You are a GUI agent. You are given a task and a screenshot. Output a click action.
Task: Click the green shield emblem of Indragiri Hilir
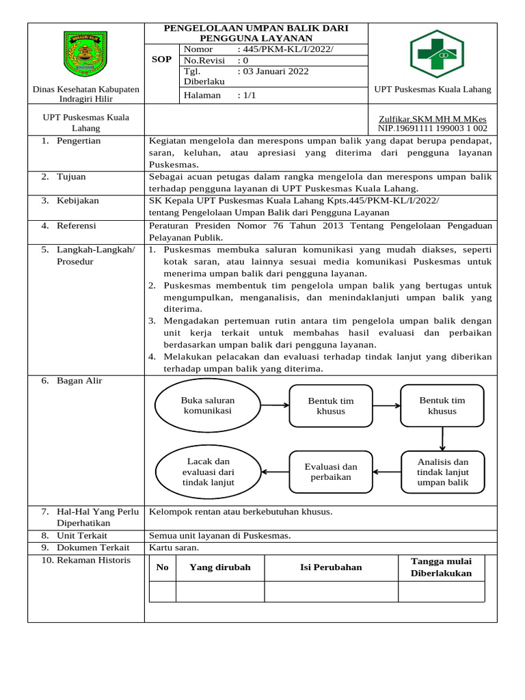pos(85,54)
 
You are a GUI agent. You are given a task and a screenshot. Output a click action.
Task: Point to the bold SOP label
pos(161,59)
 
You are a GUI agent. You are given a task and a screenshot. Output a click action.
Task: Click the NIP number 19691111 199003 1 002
pos(433,128)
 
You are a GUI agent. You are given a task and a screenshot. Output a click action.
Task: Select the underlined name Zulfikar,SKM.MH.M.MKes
pos(433,118)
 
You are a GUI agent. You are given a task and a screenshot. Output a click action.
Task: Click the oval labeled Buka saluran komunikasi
pos(207,405)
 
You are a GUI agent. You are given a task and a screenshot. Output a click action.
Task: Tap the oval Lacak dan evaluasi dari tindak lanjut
pos(208,472)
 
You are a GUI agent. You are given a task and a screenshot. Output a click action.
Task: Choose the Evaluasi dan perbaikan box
pos(330,472)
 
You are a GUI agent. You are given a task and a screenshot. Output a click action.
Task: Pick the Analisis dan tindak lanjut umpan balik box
pos(442,472)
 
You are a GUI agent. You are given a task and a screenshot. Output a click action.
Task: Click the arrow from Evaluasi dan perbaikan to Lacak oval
pos(275,472)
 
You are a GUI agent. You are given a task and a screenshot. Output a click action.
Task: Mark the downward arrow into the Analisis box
pos(443,437)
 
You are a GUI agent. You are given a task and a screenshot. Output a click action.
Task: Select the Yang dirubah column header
pos(220,567)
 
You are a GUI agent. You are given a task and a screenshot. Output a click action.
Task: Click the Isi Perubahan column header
pos(331,567)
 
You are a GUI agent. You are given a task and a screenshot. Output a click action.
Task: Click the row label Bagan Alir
pos(79,380)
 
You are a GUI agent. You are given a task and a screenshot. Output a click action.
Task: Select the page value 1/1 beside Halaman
pos(247,95)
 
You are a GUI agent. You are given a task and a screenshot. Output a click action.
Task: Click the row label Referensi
pos(77,225)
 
